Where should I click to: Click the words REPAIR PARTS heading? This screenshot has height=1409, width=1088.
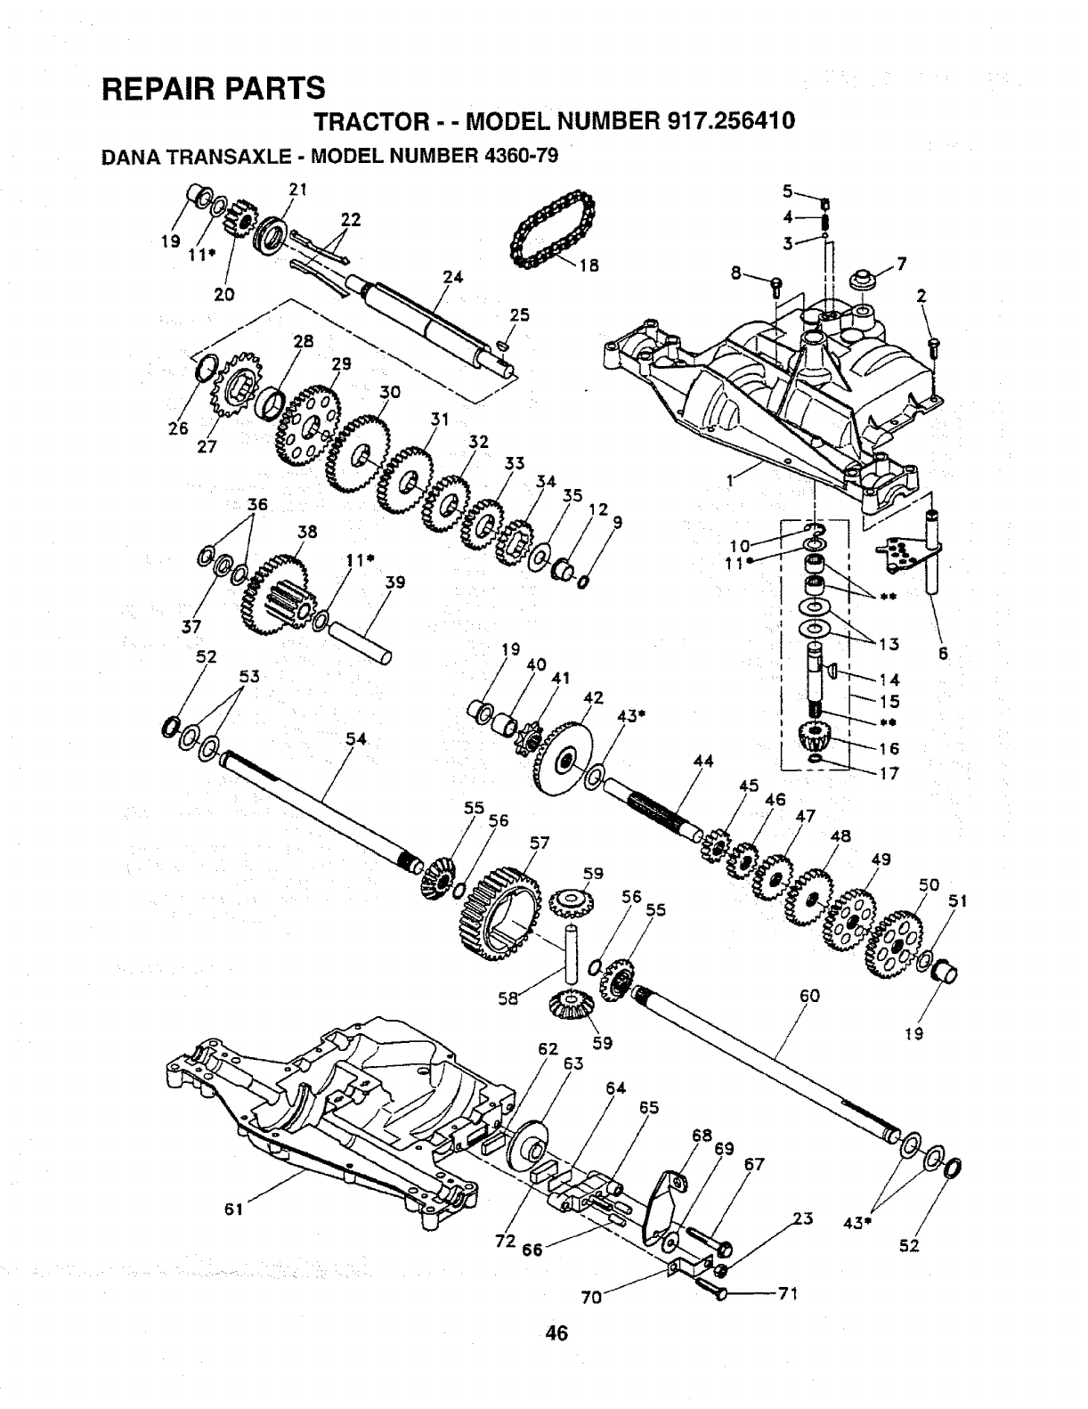pos(214,88)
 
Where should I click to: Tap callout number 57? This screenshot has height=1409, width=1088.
pos(540,842)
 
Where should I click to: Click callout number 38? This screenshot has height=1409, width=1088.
pos(307,532)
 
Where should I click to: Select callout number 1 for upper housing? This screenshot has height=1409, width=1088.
pos(731,481)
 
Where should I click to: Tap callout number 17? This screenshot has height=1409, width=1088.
pos(889,773)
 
